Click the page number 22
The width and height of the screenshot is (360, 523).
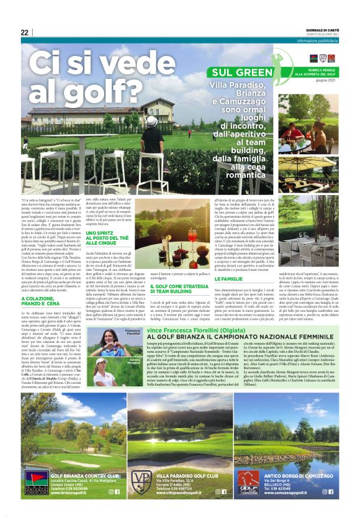click(x=24, y=33)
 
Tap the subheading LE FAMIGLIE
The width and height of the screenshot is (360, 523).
click(x=225, y=280)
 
